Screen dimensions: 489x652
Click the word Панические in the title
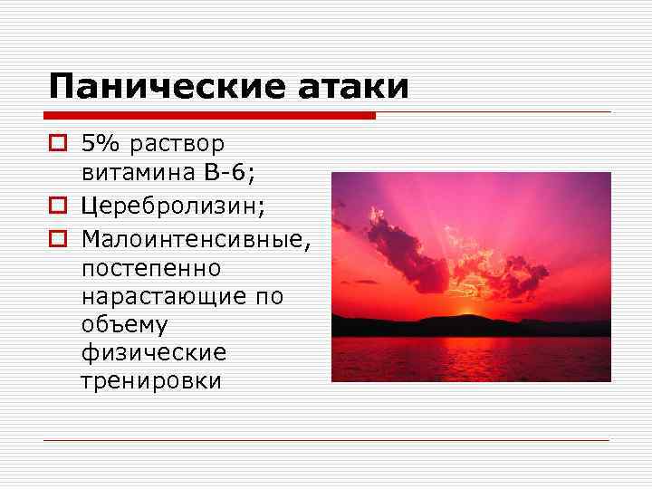click(x=166, y=87)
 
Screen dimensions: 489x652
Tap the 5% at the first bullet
click(x=101, y=144)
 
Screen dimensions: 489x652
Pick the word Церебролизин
click(x=173, y=207)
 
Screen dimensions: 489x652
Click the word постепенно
click(x=150, y=269)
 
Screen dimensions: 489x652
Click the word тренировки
click(x=151, y=379)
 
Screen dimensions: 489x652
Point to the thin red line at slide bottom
click(x=326, y=441)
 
